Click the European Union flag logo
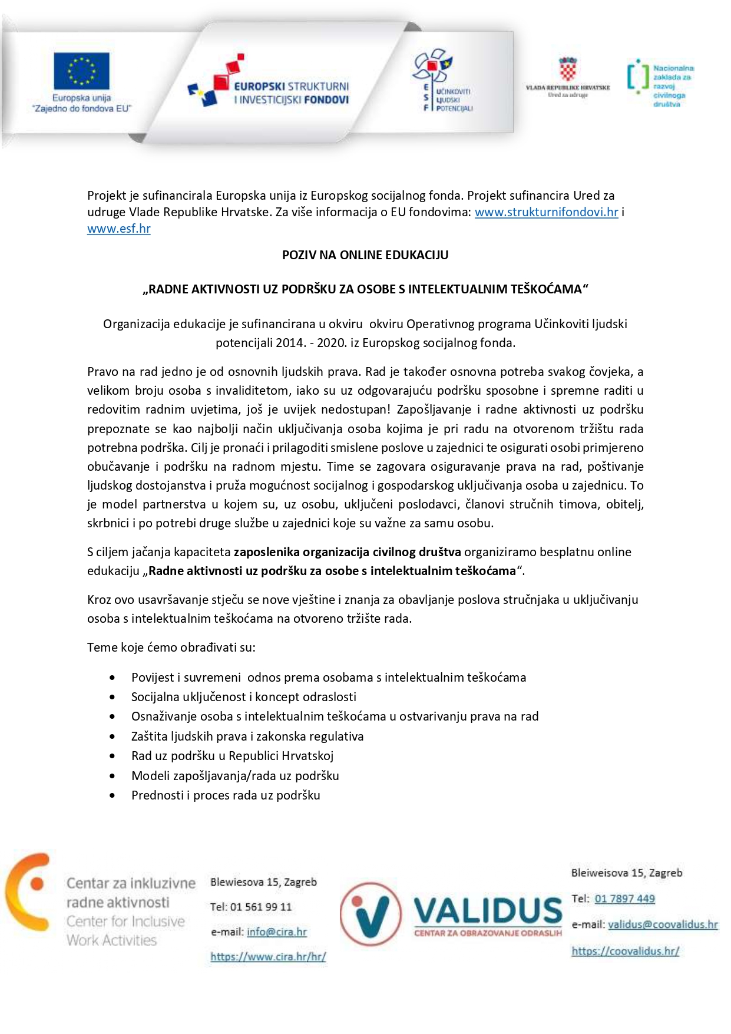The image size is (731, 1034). tap(81, 71)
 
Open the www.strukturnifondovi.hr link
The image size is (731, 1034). tap(546, 212)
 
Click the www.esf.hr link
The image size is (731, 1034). tap(118, 229)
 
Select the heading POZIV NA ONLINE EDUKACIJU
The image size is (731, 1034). tap(365, 255)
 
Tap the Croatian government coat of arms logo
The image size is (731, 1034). tap(567, 69)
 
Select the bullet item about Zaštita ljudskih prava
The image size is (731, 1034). tap(247, 736)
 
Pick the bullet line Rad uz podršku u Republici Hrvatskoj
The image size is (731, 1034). tap(232, 756)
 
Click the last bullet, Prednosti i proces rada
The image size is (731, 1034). tap(226, 795)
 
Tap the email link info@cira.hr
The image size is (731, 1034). tap(277, 932)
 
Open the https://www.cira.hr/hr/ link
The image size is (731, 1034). tap(268, 957)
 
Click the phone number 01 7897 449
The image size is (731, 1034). tap(624, 899)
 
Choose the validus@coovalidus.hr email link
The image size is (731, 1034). tap(663, 925)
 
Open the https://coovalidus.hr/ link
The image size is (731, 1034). tap(625, 951)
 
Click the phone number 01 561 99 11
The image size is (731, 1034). tap(261, 907)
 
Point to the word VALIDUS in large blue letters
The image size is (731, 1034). tap(488, 911)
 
